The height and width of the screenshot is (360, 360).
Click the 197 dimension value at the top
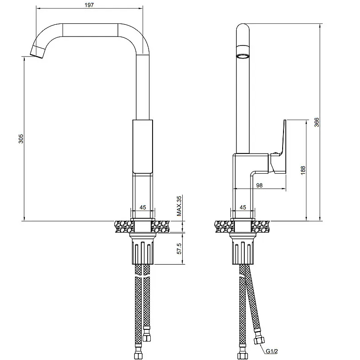[89, 5]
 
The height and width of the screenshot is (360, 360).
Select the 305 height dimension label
[21, 139]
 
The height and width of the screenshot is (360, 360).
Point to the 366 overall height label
[317, 122]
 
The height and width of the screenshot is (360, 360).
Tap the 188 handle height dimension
[303, 171]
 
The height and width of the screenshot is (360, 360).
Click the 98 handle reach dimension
[259, 185]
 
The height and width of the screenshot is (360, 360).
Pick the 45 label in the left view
[143, 207]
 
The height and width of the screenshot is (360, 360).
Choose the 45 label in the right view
[243, 207]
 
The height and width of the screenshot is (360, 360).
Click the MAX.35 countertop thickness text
[179, 206]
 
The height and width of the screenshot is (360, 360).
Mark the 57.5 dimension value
[179, 249]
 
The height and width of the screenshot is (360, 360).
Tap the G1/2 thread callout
[272, 351]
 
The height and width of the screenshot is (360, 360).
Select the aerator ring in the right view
[243, 56]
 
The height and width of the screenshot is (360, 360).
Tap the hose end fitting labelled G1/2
[259, 341]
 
